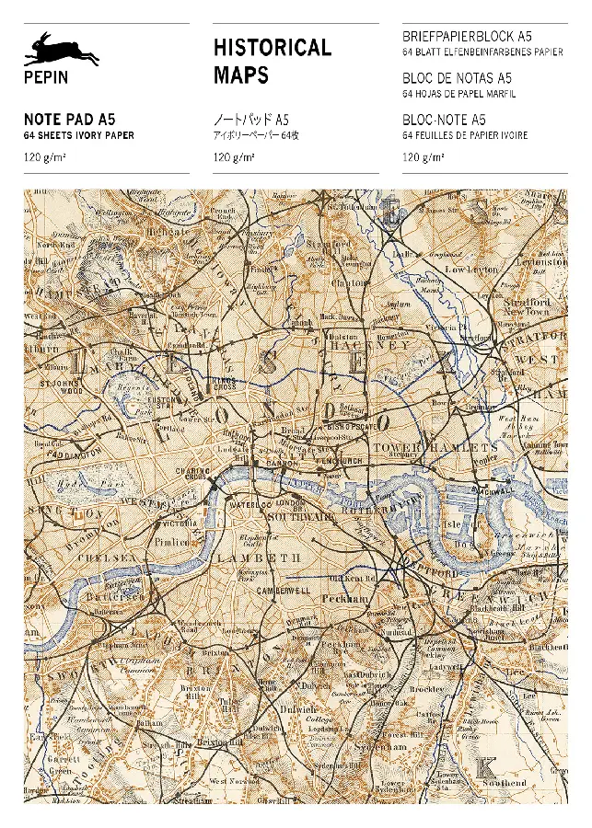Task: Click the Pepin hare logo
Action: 61,50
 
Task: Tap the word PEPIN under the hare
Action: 45,78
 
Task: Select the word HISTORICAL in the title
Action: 272,48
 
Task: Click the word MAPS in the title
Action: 241,75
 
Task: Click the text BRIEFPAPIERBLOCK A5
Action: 467,36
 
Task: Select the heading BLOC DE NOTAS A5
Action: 457,78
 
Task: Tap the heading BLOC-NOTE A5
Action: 444,119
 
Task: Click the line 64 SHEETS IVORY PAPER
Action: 79,135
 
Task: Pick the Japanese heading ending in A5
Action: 251,119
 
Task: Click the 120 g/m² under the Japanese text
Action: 234,156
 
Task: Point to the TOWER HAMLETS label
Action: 435,447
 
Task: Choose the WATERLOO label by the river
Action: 250,505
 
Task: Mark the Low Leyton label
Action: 471,269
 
